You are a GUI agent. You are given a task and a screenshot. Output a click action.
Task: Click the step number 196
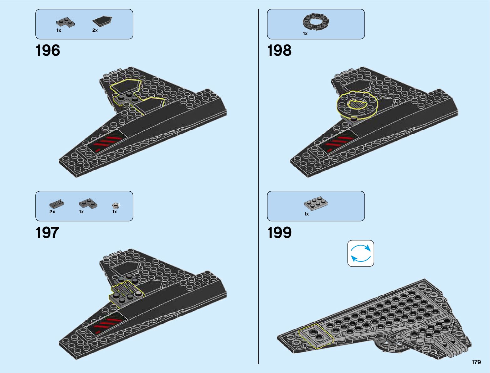(x=48, y=51)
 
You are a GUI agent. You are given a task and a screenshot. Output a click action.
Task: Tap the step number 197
(x=47, y=233)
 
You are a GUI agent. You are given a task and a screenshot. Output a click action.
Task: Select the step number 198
(x=279, y=51)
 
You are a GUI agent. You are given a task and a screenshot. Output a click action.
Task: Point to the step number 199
(x=279, y=233)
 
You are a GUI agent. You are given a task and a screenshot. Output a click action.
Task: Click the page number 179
(x=476, y=362)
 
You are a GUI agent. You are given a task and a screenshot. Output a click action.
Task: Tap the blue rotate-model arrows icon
(x=361, y=253)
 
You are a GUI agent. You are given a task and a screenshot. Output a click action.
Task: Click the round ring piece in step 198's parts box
(x=316, y=22)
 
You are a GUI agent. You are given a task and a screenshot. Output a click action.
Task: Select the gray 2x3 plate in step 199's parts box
(x=316, y=203)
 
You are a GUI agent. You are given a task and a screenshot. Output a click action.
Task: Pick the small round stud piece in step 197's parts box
(x=116, y=205)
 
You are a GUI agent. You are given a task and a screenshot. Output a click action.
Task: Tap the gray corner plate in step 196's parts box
(x=65, y=22)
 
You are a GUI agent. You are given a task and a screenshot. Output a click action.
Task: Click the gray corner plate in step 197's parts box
(x=88, y=203)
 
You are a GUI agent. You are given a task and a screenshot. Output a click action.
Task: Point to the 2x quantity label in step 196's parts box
(x=95, y=30)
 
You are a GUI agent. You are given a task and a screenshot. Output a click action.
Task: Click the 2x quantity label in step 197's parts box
(x=52, y=212)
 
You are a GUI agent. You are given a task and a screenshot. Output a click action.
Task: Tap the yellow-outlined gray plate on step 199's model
(x=316, y=335)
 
